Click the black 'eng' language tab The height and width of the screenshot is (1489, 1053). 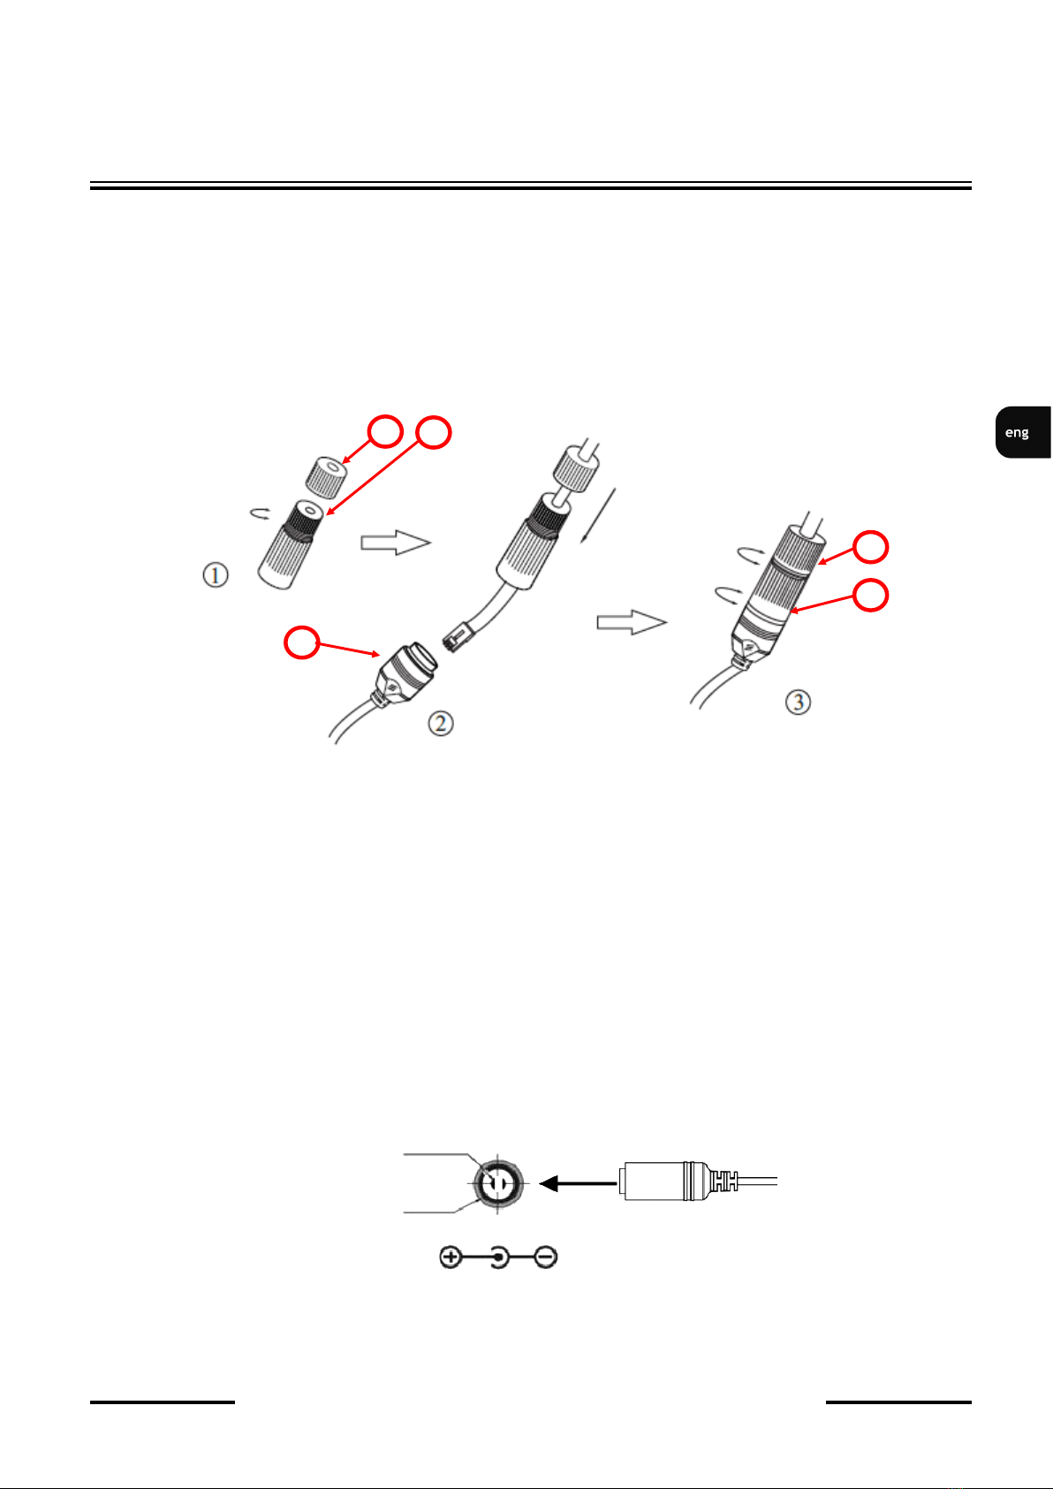point(1023,432)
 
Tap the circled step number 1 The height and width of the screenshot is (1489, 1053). point(216,575)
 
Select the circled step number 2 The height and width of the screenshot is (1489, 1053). point(441,723)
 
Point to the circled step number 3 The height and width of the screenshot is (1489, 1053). point(798,702)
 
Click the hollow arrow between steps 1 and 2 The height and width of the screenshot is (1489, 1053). point(396,543)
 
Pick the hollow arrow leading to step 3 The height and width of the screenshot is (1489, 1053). point(632,622)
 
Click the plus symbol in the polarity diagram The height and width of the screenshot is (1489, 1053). point(451,1257)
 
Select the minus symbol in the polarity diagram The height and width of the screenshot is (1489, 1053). point(546,1257)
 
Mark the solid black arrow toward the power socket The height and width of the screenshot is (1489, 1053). point(578,1183)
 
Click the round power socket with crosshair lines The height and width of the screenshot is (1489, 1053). point(497,1184)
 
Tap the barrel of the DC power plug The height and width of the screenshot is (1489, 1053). point(654,1181)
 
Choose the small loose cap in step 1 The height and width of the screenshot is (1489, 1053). point(326,477)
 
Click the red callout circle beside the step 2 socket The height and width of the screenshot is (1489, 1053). point(301,642)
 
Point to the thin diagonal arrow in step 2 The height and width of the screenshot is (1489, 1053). point(598,515)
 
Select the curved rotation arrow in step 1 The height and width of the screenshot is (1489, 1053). point(260,513)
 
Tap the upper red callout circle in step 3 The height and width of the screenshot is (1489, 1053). point(870,547)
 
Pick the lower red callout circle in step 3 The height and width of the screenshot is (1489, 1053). point(870,595)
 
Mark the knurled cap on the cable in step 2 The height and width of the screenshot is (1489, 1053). point(577,470)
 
